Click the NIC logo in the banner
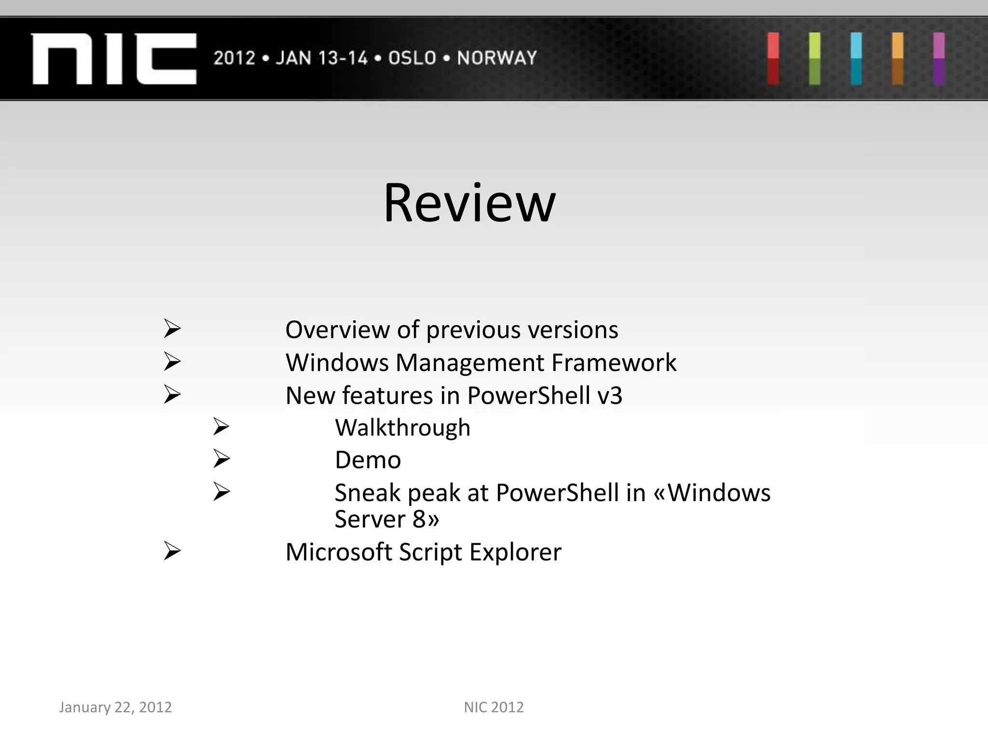click(114, 58)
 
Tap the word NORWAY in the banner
click(497, 58)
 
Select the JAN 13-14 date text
click(321, 58)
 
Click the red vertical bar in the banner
click(773, 58)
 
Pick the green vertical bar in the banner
click(814, 58)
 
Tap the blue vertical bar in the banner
click(856, 58)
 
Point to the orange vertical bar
click(897, 58)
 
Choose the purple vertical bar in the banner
click(938, 58)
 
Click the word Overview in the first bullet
click(337, 330)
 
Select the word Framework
click(614, 363)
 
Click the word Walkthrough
click(402, 428)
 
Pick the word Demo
click(368, 460)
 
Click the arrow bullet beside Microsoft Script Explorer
click(172, 550)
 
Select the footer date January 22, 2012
click(115, 707)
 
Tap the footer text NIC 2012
click(494, 707)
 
